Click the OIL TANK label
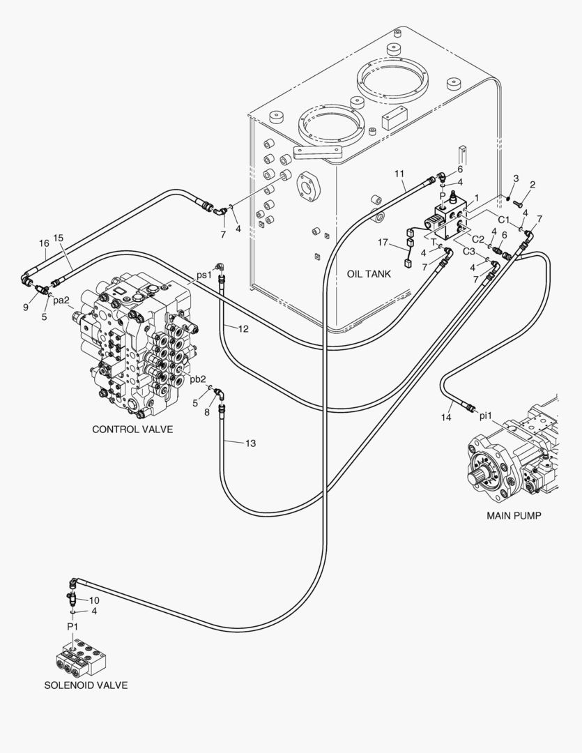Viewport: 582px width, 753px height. pos(369,274)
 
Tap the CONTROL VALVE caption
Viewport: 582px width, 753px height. pos(132,429)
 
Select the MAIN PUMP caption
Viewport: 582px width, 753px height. pos(514,516)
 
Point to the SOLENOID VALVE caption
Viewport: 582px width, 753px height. pos(86,685)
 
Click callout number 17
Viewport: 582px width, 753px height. pos(383,243)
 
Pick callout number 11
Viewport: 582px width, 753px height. pos(399,174)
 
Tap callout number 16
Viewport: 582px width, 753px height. pos(44,243)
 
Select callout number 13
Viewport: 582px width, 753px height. pos(251,443)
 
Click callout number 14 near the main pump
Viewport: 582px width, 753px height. pos(446,418)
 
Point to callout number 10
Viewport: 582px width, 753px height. pos(94,600)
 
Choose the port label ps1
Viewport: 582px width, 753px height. pos(204,275)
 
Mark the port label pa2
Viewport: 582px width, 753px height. pos(61,301)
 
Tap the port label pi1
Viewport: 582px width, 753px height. pos(486,416)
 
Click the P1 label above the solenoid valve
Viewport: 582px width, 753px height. pos(72,626)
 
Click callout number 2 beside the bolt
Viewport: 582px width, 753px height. pos(533,184)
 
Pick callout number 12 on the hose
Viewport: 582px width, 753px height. pos(243,329)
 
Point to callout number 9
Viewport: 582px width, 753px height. pos(26,307)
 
